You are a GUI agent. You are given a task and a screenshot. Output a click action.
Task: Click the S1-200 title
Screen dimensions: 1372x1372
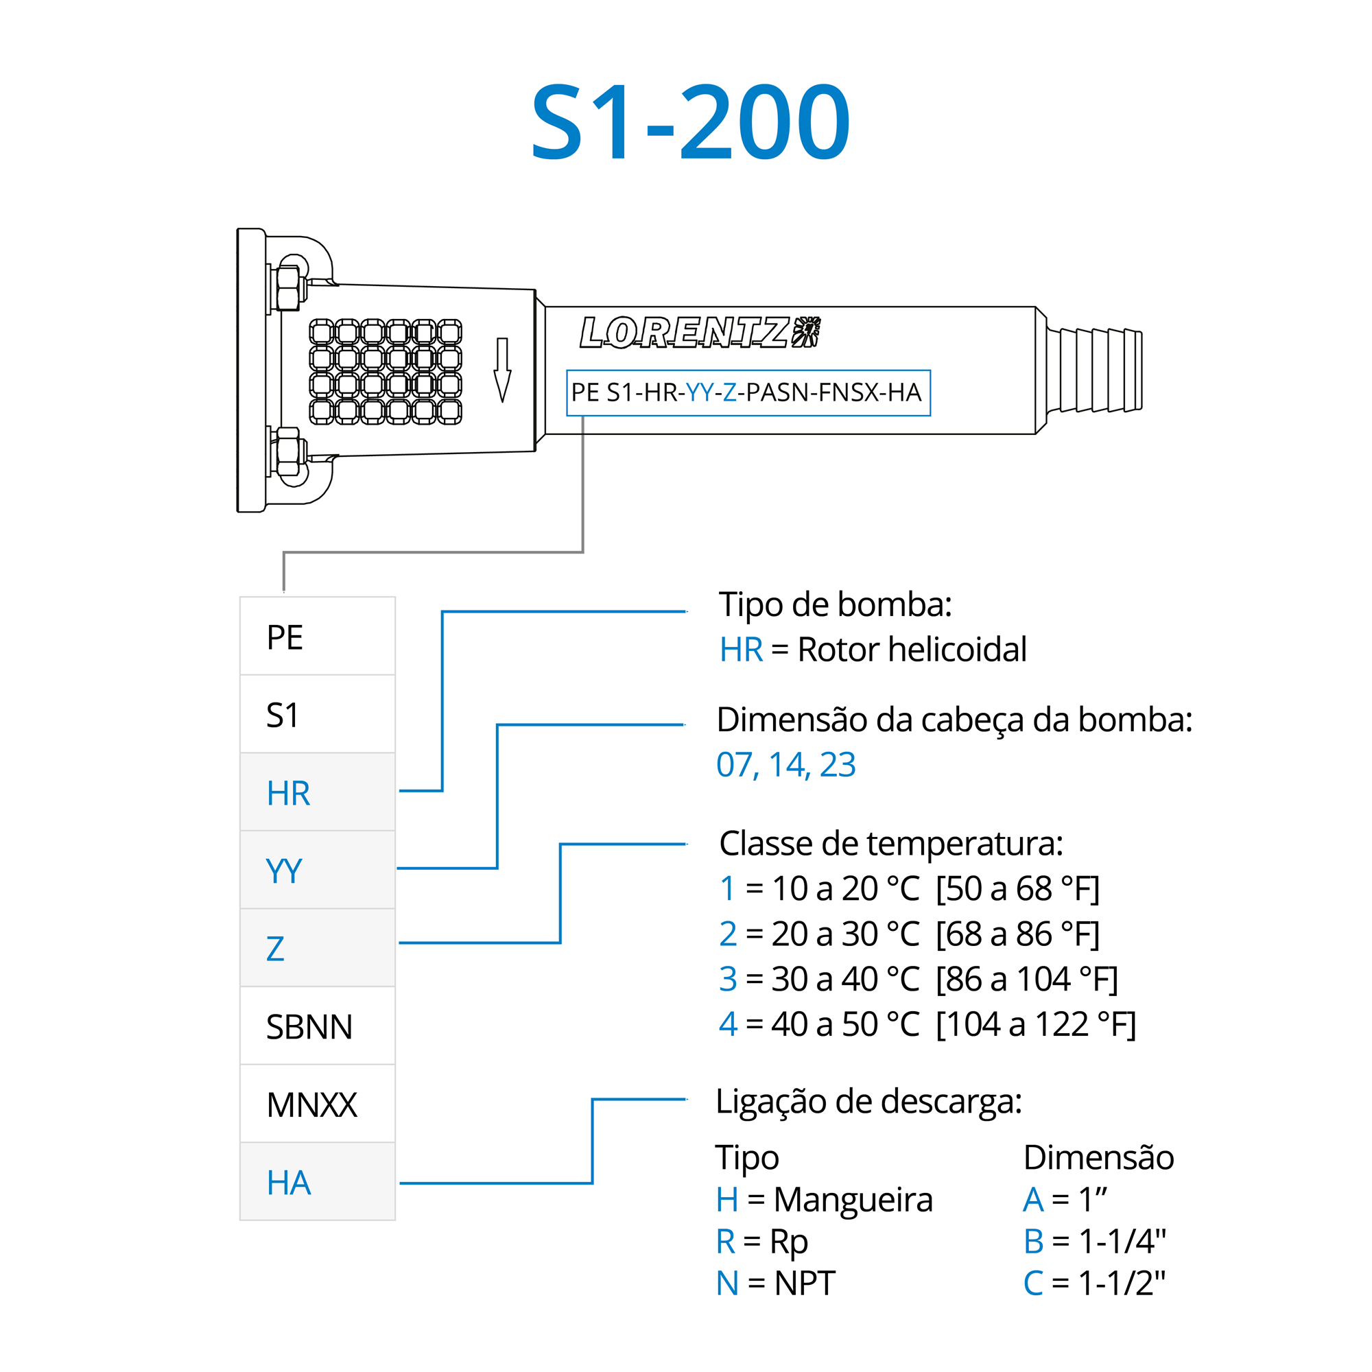tap(690, 122)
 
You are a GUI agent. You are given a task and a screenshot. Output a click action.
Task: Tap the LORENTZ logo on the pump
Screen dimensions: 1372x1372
tap(699, 331)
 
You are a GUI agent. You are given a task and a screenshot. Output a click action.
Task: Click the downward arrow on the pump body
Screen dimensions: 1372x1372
tap(502, 370)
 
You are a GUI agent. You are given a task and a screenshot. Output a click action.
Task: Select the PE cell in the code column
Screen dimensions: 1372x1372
tap(318, 637)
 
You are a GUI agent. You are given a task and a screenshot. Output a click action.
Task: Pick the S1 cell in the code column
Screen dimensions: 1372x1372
tap(318, 714)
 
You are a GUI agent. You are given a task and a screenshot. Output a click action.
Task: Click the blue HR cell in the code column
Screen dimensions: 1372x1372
tap(318, 792)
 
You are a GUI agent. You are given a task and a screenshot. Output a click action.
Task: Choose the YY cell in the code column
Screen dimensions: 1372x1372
tap(318, 871)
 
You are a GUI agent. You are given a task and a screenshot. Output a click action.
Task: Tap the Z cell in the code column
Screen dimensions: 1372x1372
tap(318, 949)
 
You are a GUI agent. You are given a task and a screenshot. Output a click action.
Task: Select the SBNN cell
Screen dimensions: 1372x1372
tap(318, 1027)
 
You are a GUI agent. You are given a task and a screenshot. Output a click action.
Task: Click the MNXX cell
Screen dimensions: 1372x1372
tap(318, 1104)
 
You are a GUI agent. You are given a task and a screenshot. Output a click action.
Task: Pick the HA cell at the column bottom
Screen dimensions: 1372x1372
tap(318, 1183)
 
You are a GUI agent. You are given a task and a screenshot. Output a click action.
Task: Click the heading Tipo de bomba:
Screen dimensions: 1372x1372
tap(835, 604)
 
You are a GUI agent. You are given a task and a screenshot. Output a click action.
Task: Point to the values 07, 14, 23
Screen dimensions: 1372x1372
tap(785, 765)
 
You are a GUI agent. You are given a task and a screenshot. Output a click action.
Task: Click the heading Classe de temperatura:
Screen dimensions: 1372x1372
tap(891, 844)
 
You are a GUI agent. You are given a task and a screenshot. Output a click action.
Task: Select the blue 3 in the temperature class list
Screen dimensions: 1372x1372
tap(728, 979)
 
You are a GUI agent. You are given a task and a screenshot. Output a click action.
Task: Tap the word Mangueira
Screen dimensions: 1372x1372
tap(853, 1199)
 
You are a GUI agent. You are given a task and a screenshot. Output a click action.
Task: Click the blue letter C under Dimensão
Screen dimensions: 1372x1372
tap(1032, 1283)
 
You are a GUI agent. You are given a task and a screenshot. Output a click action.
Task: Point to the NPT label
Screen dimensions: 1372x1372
tap(805, 1283)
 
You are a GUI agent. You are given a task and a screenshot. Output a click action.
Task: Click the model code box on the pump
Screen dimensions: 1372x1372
tap(748, 392)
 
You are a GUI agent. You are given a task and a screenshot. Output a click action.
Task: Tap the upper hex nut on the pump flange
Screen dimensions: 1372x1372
tap(287, 287)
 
